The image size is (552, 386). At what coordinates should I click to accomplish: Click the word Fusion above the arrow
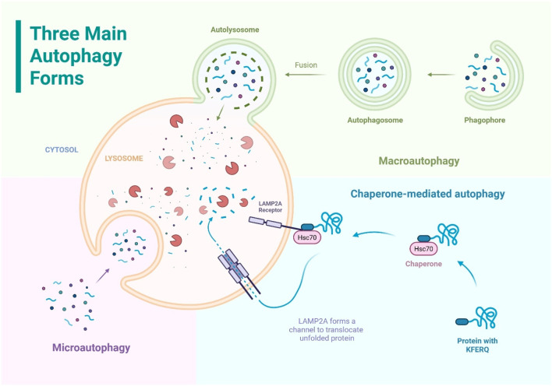click(306, 65)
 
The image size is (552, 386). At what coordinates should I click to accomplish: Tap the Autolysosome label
click(235, 30)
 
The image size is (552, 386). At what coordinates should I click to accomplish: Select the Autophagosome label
click(375, 120)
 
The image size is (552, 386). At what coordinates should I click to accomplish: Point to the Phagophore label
click(484, 120)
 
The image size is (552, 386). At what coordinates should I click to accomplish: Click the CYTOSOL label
click(62, 149)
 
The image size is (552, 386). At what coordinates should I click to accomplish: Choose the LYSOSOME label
click(124, 159)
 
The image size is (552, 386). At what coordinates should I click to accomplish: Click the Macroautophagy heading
click(419, 161)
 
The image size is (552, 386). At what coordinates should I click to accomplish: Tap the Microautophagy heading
click(91, 347)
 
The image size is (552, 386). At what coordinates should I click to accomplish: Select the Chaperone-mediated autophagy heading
click(428, 194)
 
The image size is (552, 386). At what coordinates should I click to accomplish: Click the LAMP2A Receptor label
click(271, 207)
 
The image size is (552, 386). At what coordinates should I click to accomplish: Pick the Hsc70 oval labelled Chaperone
click(423, 249)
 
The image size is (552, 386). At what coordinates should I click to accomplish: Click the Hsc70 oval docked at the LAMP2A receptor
click(307, 237)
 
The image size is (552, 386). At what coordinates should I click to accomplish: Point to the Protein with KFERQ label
click(477, 346)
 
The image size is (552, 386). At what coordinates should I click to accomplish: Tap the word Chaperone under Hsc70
click(423, 264)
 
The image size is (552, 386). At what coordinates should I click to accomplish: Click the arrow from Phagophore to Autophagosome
click(441, 75)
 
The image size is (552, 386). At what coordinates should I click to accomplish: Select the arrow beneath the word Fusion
click(305, 75)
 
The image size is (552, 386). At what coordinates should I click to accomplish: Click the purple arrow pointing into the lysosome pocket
click(102, 275)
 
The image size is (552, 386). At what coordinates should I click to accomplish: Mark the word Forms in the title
click(57, 78)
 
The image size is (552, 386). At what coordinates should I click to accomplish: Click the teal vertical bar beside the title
click(18, 56)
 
